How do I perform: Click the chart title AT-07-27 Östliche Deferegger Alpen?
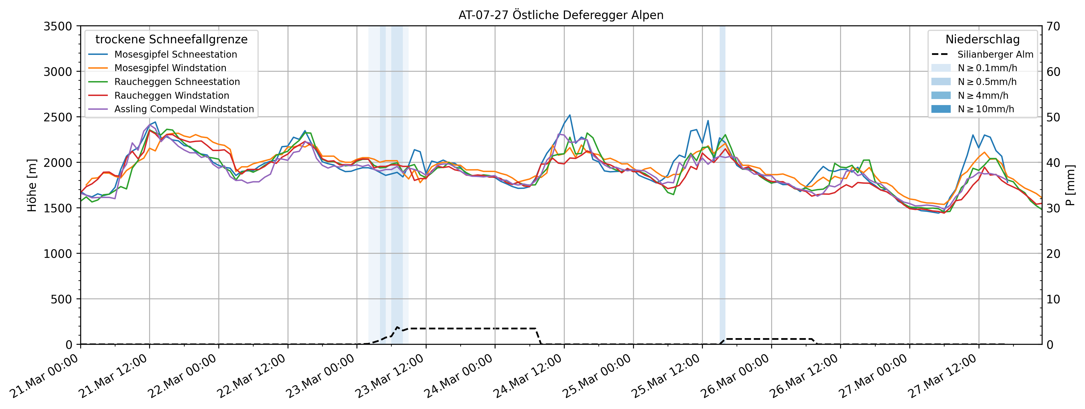click(561, 15)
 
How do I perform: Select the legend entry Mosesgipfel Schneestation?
click(175, 54)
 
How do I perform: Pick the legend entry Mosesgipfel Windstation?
click(170, 68)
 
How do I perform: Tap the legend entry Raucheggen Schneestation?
click(177, 82)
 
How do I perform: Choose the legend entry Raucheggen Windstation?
click(172, 96)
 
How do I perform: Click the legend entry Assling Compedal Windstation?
click(184, 109)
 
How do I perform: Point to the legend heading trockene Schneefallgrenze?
click(172, 40)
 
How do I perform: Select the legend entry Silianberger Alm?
click(995, 54)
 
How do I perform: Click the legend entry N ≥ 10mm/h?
click(985, 109)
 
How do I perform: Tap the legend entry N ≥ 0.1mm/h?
click(987, 68)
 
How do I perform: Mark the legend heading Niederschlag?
click(982, 40)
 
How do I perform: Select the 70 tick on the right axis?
click(1053, 26)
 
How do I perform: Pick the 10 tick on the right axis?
click(1053, 299)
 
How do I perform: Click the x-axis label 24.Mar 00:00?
click(459, 376)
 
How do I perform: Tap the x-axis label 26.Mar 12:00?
click(805, 376)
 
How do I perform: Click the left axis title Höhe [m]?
click(32, 185)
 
